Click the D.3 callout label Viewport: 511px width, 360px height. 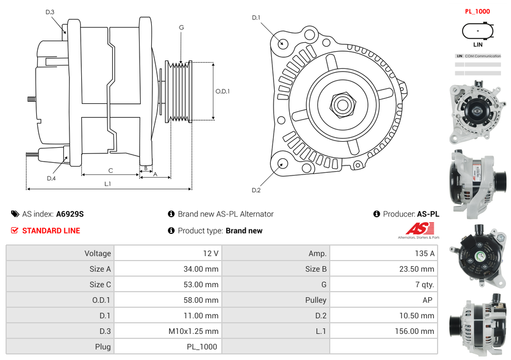click(49, 12)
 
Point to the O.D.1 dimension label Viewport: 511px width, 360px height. click(222, 92)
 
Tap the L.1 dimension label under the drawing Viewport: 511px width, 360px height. click(107, 183)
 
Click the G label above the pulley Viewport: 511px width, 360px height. click(181, 27)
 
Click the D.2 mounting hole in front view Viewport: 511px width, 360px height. click(282, 163)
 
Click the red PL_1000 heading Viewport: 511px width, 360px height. click(477, 11)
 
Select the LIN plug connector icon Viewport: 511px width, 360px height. click(478, 31)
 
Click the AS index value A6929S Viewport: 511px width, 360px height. click(70, 214)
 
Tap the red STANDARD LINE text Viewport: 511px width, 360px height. click(51, 231)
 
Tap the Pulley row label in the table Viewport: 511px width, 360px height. click(315, 300)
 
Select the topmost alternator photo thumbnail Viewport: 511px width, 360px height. click(478, 113)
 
